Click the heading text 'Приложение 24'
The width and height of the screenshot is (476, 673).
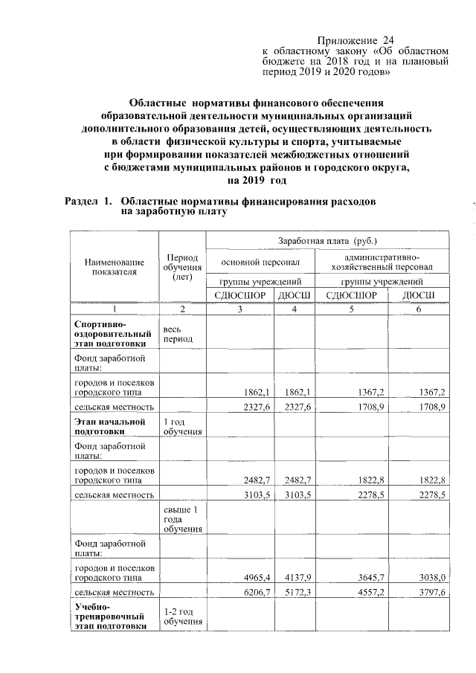(x=355, y=39)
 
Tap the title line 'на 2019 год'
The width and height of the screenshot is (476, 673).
(x=256, y=180)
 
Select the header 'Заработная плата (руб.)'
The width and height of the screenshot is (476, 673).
(x=327, y=242)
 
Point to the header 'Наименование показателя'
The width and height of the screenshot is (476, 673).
(x=114, y=267)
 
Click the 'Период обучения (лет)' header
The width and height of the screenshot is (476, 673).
(x=181, y=267)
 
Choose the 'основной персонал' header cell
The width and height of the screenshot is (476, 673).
(x=259, y=263)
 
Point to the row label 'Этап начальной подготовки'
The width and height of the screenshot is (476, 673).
(x=109, y=428)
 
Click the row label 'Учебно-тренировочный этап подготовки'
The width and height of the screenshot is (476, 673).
(x=108, y=616)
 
